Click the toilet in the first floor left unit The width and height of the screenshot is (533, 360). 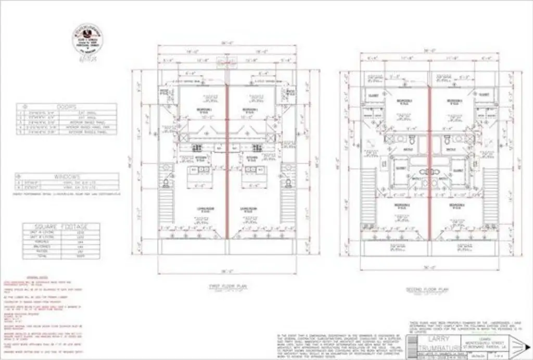click(166, 182)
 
